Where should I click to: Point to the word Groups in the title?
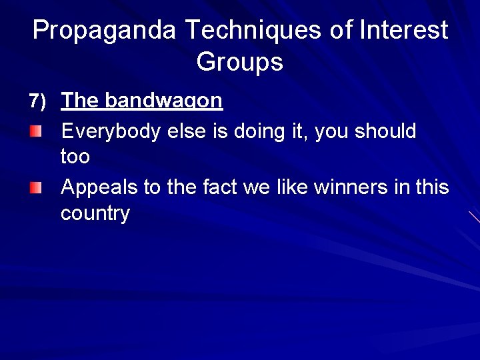239,62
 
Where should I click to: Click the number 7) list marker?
37,101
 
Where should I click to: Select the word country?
95,214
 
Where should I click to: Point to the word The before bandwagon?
80,101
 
